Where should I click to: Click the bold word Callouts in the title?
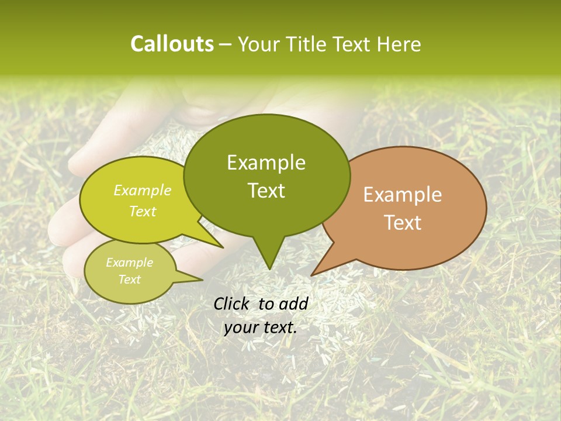coord(172,44)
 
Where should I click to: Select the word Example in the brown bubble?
coord(403,195)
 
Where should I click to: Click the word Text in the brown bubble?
coord(403,223)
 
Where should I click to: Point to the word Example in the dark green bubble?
coord(266,163)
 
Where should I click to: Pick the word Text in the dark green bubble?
coord(266,191)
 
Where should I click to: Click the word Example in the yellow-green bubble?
coord(143,191)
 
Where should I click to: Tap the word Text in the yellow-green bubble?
coord(143,212)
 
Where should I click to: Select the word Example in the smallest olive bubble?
coord(130,263)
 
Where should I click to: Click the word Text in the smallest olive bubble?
coord(130,279)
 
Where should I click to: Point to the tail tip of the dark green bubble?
coord(269,269)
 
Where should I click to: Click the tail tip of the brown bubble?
coord(311,275)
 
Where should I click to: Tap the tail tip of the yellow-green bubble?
coord(223,247)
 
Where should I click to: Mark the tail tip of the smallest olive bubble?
coord(202,279)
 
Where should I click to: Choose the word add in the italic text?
coord(294,303)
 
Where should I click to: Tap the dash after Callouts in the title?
coord(226,44)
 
